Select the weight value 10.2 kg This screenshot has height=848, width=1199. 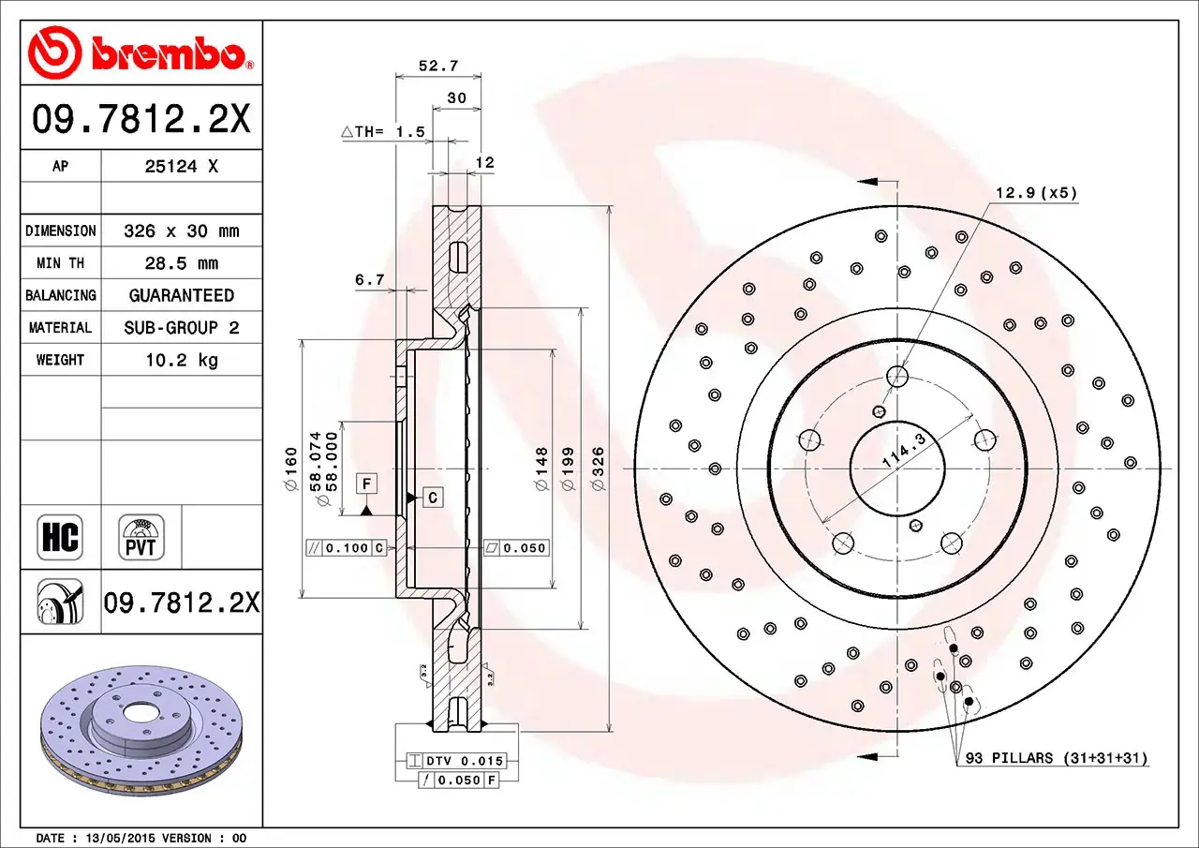pos(181,360)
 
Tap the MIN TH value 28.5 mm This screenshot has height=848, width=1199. pos(181,263)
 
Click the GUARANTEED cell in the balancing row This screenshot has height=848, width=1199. pos(181,295)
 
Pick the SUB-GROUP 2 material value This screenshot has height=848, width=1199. pos(181,328)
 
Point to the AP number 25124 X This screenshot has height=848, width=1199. pos(181,166)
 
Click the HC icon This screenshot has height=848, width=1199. pos(59,538)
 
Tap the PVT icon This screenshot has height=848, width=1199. pos(141,538)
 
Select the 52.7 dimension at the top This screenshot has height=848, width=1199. pos(437,66)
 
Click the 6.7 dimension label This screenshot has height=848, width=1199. pos(370,279)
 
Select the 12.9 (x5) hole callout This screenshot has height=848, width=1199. pos(1035,194)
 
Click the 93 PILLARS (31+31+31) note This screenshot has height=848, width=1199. pos(1057,758)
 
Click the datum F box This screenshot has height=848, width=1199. pos(367,484)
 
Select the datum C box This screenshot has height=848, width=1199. pos(432,498)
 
